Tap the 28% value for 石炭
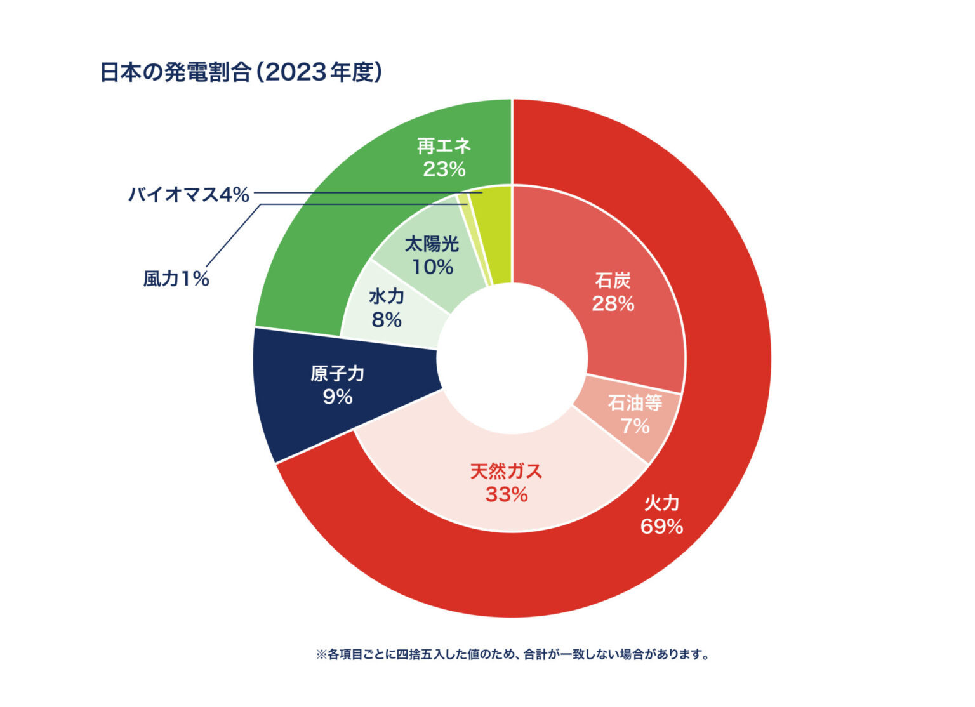click(613, 304)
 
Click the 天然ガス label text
click(506, 472)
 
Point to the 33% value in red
click(506, 494)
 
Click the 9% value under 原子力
click(337, 397)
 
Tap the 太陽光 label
click(432, 244)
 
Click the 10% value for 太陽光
click(432, 267)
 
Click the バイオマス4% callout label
click(189, 194)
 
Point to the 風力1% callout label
click(176, 279)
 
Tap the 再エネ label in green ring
click(444, 146)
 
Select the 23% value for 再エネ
click(444, 169)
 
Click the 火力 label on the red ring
click(661, 503)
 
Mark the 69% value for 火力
click(661, 526)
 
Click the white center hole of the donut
click(512, 359)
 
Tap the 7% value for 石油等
click(635, 426)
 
